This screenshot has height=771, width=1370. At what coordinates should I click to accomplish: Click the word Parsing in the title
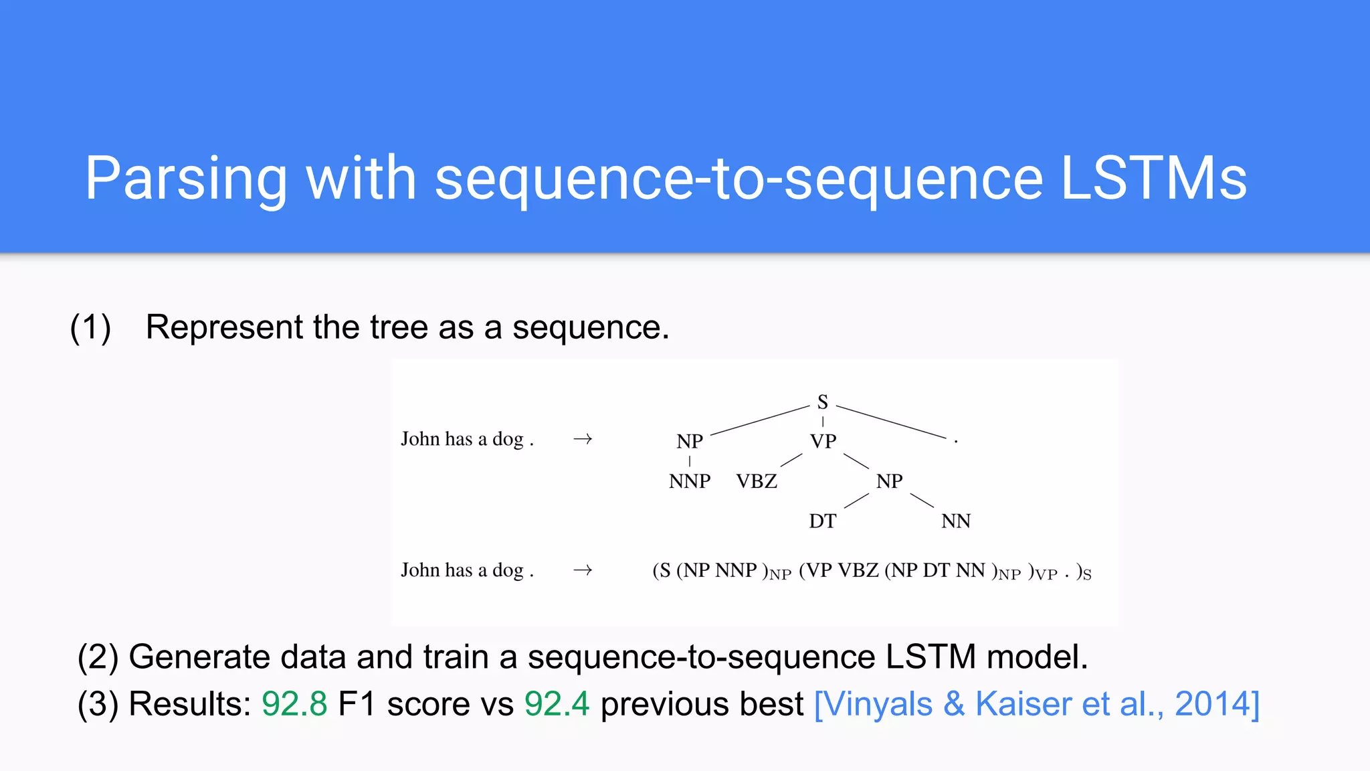tap(185, 179)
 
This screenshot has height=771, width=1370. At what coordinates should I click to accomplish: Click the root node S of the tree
tap(822, 402)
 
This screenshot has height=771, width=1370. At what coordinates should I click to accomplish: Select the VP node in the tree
tap(823, 442)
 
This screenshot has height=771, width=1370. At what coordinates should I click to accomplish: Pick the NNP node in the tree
tap(690, 481)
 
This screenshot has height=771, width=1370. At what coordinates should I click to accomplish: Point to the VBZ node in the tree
tap(757, 481)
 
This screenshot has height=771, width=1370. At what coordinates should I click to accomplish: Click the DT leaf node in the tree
tap(822, 521)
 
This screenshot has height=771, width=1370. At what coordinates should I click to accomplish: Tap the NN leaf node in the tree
tap(955, 521)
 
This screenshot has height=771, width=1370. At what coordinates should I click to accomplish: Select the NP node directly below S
tap(690, 442)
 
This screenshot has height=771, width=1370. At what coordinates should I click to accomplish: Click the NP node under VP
tap(889, 481)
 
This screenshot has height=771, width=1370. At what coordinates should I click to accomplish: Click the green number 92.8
tap(294, 704)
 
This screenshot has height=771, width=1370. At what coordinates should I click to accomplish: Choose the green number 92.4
tap(557, 704)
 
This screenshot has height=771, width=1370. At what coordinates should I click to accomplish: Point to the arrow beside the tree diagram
tap(583, 439)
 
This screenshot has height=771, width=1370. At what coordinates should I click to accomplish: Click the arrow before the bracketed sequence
tap(583, 570)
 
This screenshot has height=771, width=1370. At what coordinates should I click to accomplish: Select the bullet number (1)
tap(90, 328)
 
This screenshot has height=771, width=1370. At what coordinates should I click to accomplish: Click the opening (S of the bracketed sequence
tap(662, 571)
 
